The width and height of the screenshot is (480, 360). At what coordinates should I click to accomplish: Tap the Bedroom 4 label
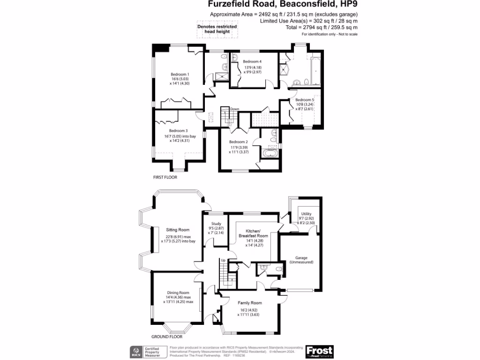point(252,61)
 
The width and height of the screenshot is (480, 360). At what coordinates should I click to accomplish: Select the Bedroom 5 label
point(305,100)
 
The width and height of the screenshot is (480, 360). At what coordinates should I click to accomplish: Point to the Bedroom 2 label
point(238,142)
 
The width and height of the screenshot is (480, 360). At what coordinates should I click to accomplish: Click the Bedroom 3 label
point(179,131)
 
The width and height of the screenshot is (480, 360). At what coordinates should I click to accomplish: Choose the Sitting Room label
point(178,230)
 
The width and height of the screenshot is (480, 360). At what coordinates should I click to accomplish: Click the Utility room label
point(306,214)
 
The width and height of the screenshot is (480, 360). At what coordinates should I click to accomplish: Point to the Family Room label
point(251,303)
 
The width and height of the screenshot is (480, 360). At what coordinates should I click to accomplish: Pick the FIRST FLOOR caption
point(165,178)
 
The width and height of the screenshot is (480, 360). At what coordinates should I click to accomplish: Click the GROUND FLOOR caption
point(167,337)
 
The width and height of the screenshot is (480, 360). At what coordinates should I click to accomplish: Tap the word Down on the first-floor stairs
point(234,109)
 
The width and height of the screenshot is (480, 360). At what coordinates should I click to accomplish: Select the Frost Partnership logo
point(319,352)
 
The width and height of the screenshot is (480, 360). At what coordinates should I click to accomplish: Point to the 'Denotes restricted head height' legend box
point(217,29)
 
